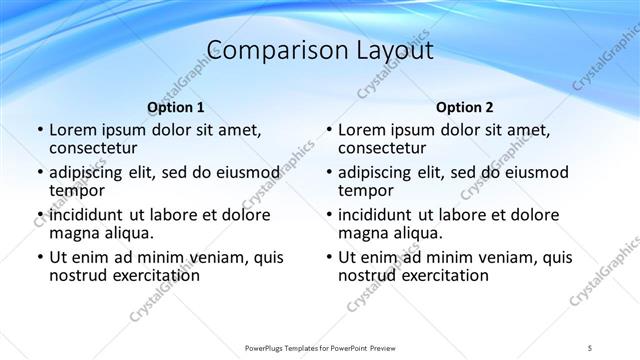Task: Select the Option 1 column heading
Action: click(x=176, y=107)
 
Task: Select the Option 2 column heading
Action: click(x=465, y=107)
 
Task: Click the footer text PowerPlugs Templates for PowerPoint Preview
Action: click(x=319, y=347)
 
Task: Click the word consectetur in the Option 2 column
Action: click(x=384, y=148)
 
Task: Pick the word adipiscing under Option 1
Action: click(x=89, y=172)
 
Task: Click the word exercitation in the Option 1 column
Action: click(x=155, y=275)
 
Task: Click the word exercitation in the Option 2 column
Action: click(x=444, y=275)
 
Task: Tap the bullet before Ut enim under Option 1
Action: click(x=40, y=258)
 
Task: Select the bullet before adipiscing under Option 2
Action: click(x=329, y=173)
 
